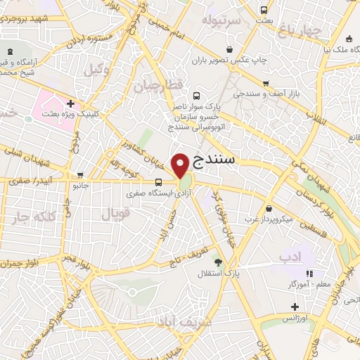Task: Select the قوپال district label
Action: click(117, 214)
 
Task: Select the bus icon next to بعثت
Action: click(264, 11)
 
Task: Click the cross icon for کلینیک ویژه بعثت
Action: click(71, 103)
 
